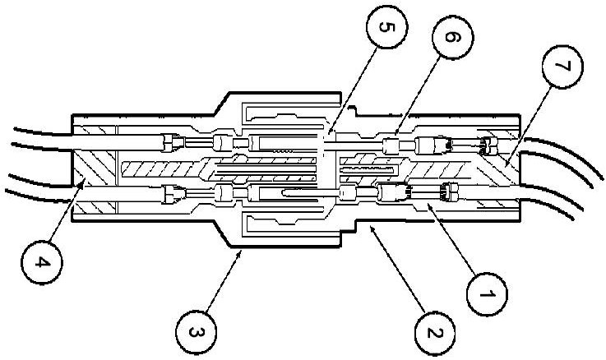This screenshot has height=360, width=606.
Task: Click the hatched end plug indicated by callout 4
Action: tap(97, 175)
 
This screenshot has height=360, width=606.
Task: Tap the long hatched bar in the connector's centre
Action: tap(164, 172)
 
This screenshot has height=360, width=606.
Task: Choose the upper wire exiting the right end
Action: tap(567, 148)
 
